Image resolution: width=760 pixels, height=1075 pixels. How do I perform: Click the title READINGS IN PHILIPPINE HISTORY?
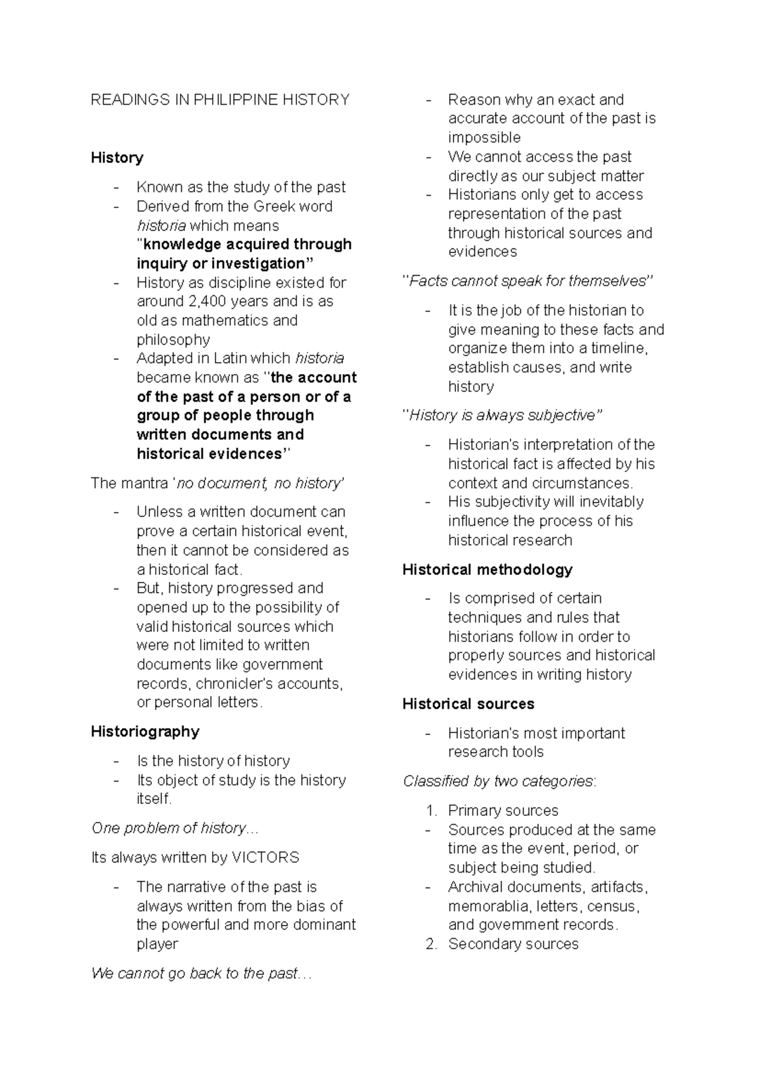[220, 100]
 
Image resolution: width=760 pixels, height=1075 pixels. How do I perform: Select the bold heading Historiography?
[145, 731]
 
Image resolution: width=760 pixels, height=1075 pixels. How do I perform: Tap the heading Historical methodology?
[487, 570]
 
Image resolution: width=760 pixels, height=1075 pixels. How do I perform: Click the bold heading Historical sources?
[468, 704]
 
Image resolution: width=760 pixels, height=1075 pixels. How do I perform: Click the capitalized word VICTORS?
[265, 858]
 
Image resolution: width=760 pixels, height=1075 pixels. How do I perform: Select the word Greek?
[274, 207]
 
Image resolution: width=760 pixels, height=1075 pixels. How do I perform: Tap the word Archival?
[475, 887]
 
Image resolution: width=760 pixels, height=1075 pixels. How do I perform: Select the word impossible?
[484, 138]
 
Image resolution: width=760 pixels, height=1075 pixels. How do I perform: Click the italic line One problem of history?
[175, 828]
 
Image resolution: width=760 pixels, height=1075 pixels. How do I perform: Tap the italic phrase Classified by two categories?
[498, 781]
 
